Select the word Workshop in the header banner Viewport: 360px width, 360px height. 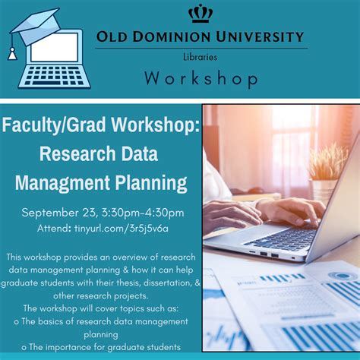click(201, 78)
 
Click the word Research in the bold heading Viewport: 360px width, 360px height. click(74, 154)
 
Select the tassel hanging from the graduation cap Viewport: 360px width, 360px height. click(11, 52)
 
